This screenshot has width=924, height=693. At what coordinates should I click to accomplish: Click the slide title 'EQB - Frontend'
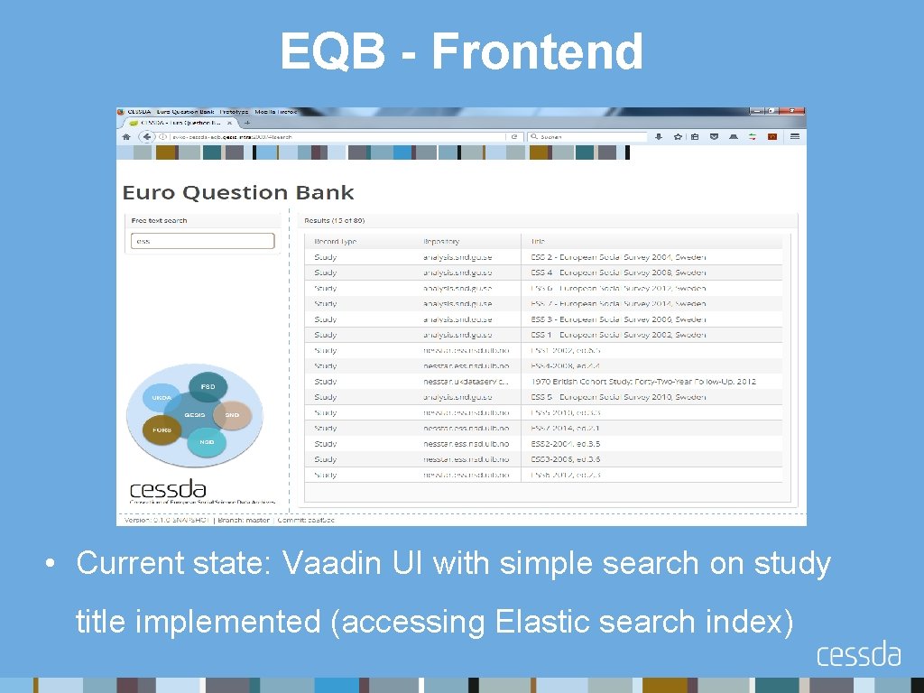point(461,51)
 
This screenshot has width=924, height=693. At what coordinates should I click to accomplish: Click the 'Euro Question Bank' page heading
point(238,192)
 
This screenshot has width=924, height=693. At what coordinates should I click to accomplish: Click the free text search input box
point(203,241)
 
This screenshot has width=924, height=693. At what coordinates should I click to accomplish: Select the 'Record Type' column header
point(336,241)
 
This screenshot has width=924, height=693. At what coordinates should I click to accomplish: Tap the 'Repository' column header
point(441,241)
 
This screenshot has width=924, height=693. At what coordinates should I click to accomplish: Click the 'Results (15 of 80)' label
point(335,220)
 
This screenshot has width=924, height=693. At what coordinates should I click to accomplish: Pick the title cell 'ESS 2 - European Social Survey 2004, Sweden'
point(618,257)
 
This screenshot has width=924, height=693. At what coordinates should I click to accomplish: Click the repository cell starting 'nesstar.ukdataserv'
point(466,381)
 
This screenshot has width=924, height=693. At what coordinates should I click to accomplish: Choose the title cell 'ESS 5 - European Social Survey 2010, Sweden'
point(618,397)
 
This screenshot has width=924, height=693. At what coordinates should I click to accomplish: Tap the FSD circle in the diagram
point(208,386)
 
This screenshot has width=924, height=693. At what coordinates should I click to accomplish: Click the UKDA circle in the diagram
point(162,398)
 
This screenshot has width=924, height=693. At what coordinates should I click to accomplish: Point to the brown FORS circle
point(162,430)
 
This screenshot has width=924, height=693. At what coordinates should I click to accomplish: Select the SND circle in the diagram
point(232,414)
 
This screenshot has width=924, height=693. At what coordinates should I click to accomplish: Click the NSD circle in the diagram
point(208,442)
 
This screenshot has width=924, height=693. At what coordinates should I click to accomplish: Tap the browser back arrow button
point(144,136)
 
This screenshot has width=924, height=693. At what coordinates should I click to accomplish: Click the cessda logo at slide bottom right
point(858,654)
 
